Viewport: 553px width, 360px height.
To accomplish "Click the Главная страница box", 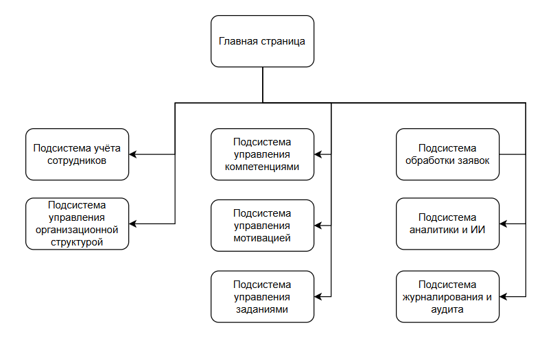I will pos(262,41).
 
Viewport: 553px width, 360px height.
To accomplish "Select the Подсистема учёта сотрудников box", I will pos(77,154).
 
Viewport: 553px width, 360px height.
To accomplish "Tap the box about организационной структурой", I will pos(77,224).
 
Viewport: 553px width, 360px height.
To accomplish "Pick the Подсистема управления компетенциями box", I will pos(262,154).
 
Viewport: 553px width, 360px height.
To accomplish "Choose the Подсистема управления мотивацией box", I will pos(262,226).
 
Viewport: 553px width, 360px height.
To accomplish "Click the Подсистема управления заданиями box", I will pos(262,297).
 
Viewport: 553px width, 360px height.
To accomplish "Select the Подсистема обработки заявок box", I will pos(447,154).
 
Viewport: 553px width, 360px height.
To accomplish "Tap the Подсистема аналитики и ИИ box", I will pos(447,224).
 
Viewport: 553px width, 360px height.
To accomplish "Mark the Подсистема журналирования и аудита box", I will pos(447,297).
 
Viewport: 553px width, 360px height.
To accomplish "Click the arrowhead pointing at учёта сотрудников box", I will pos(133,154).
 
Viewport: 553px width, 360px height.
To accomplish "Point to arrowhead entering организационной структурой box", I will pos(133,224).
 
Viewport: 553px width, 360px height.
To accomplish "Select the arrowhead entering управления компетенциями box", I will pos(318,154).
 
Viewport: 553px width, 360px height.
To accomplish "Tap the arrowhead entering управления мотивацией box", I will pos(318,226).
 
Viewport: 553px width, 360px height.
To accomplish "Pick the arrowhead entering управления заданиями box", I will pos(318,297).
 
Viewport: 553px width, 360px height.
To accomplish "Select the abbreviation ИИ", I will pos(478,230).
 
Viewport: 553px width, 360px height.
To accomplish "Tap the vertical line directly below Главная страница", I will pos(262,85).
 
